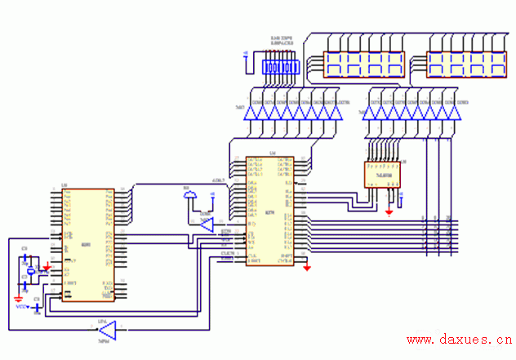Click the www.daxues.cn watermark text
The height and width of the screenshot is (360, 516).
pyautogui.click(x=459, y=339)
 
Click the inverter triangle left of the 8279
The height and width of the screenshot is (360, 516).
pyautogui.click(x=206, y=223)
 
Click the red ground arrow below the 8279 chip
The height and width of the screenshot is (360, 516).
pyautogui.click(x=306, y=267)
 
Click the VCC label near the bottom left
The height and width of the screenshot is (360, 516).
pyautogui.click(x=22, y=308)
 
